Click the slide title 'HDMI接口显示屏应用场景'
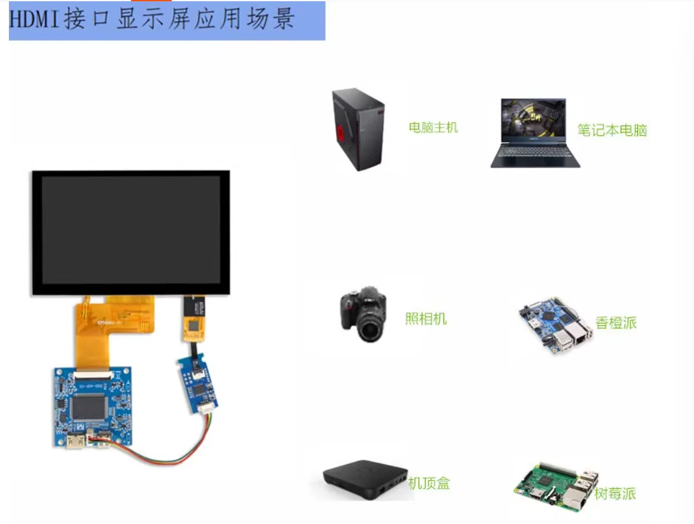click(x=153, y=20)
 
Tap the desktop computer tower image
click(x=359, y=130)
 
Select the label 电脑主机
click(x=433, y=127)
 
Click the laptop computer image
click(x=536, y=132)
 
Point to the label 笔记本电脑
click(x=612, y=131)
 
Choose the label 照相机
click(x=426, y=319)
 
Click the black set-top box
click(x=364, y=475)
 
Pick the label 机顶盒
click(x=429, y=483)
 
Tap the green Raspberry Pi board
click(x=556, y=488)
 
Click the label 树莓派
click(x=615, y=493)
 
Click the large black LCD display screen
click(x=130, y=232)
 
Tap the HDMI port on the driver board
click(x=74, y=441)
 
